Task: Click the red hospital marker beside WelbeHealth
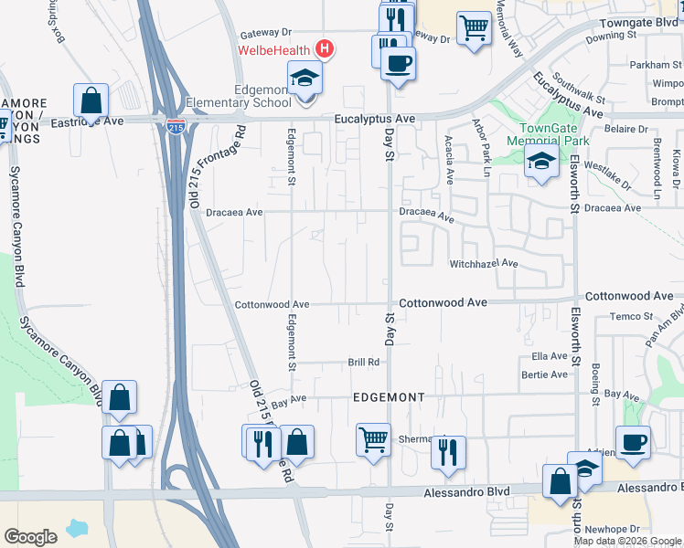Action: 324,48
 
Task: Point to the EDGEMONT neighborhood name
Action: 390,397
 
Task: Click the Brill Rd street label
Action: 363,362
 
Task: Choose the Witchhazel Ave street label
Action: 483,264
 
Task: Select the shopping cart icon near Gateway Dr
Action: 473,28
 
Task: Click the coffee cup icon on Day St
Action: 397,65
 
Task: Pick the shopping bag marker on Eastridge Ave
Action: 91,100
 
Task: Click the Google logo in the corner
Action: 30,536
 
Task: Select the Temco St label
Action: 627,316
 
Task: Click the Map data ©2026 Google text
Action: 627,541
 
